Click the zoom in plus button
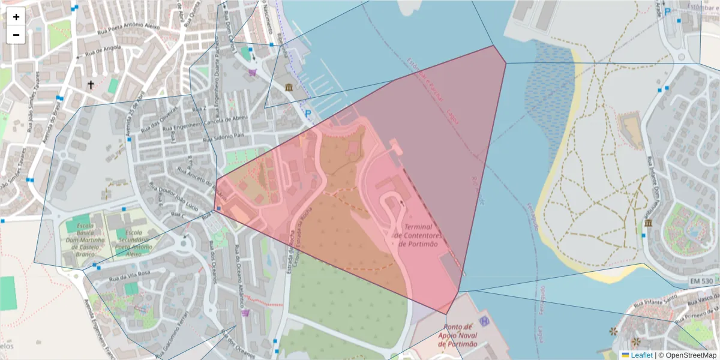coord(16,17)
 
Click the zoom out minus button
coord(16,35)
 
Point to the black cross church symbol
coord(91,85)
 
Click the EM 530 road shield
coord(702,281)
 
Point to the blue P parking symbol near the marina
coord(308,113)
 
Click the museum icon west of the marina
coord(290,88)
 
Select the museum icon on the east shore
coord(649,224)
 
